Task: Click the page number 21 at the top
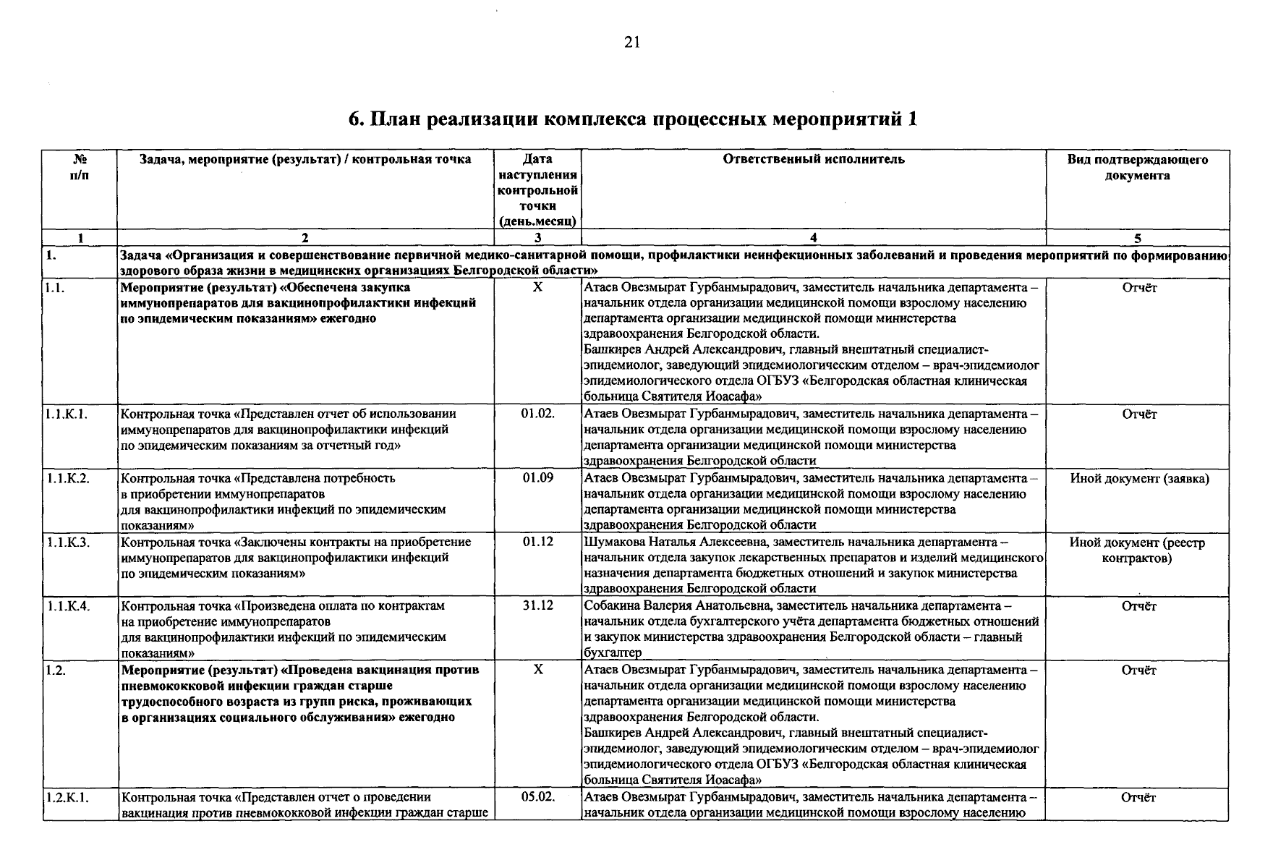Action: (631, 43)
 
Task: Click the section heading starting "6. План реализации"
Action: (633, 119)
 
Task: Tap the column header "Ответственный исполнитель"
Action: (813, 159)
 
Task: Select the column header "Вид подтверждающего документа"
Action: (1137, 167)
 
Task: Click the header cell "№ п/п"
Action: (80, 167)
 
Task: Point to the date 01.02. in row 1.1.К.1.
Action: (537, 414)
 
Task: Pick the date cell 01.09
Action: (537, 477)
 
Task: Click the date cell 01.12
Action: (537, 541)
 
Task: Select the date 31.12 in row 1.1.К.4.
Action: (537, 605)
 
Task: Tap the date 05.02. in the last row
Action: (537, 796)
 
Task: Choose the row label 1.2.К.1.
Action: (67, 797)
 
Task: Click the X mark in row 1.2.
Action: (537, 670)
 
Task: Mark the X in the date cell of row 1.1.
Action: (537, 287)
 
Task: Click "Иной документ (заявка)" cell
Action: (1138, 478)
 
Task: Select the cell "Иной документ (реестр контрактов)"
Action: (1137, 550)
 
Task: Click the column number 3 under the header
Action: (537, 237)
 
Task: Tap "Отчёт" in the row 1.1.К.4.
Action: (1138, 605)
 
